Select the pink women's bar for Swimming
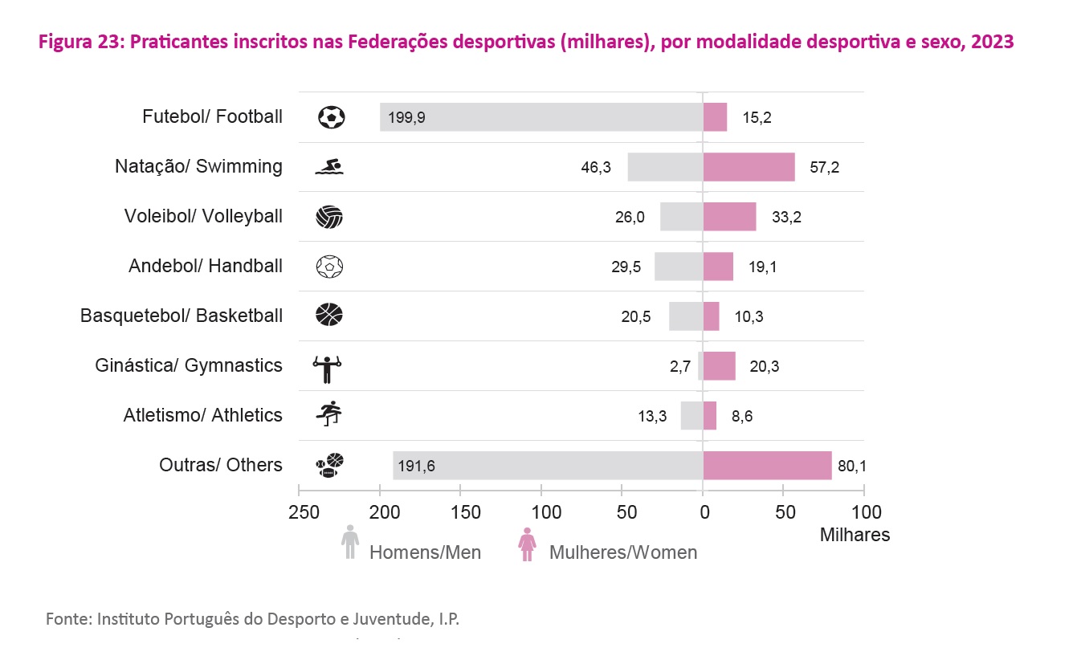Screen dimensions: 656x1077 749,167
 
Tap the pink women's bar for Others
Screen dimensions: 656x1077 767,465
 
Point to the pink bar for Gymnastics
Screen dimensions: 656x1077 720,366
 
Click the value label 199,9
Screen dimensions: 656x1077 407,117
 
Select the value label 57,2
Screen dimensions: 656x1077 825,167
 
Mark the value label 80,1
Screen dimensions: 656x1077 850,465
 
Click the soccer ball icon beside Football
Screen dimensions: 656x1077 331,117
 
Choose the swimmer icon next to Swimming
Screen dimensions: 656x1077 330,167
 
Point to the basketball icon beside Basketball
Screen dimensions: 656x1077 330,315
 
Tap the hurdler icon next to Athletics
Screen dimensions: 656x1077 329,414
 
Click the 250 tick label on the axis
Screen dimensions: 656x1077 300,512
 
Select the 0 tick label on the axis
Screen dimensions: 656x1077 704,512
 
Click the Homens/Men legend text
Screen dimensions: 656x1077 425,552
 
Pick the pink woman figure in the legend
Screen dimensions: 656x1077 527,544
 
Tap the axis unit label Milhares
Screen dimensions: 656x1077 855,535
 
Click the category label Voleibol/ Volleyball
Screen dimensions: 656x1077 203,216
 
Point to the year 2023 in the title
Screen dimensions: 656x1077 991,43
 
